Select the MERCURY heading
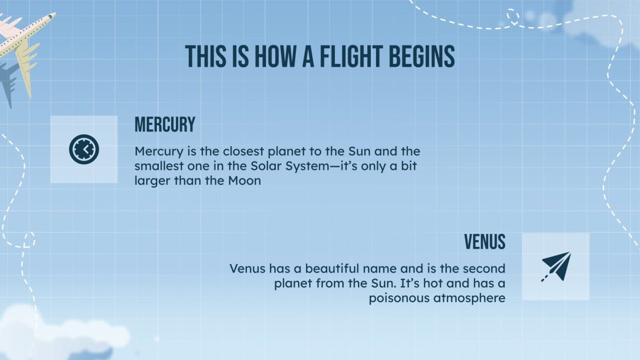click(x=165, y=125)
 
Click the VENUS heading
click(x=485, y=242)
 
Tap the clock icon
click(x=84, y=149)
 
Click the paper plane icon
click(x=556, y=266)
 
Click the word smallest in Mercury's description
click(x=157, y=166)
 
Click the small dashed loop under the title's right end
click(x=513, y=16)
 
